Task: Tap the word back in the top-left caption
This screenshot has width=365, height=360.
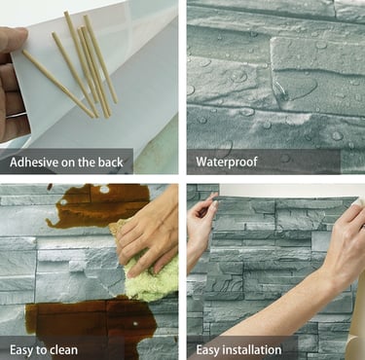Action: pyautogui.click(x=111, y=162)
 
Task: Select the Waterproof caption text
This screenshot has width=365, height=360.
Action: pyautogui.click(x=227, y=162)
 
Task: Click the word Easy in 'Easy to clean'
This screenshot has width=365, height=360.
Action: pyautogui.click(x=21, y=350)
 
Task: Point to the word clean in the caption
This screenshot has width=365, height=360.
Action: pyautogui.click(x=63, y=350)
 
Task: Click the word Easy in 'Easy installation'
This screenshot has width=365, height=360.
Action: pyautogui.click(x=208, y=350)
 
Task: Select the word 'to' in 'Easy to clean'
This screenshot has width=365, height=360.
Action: pyautogui.click(x=42, y=350)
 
